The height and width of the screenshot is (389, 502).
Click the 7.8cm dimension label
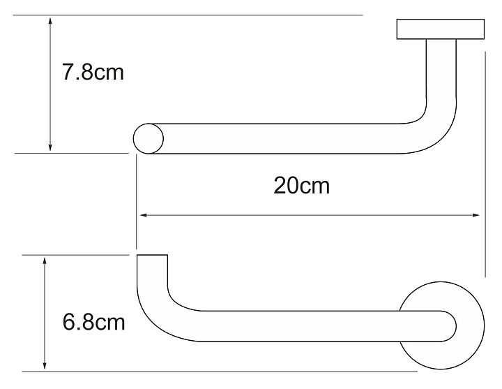click(93, 73)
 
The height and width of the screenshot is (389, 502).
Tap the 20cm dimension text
click(301, 186)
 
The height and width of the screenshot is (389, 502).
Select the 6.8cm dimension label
click(93, 323)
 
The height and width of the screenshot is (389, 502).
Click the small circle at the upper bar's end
click(149, 138)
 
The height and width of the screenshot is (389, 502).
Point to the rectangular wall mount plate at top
click(441, 30)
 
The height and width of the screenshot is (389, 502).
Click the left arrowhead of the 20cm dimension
click(141, 215)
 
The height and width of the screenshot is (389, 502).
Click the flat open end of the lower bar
click(153, 257)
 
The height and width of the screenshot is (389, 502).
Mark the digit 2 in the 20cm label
click(280, 186)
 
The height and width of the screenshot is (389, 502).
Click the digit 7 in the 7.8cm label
click(68, 73)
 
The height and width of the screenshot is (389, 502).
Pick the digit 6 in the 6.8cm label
click(69, 323)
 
